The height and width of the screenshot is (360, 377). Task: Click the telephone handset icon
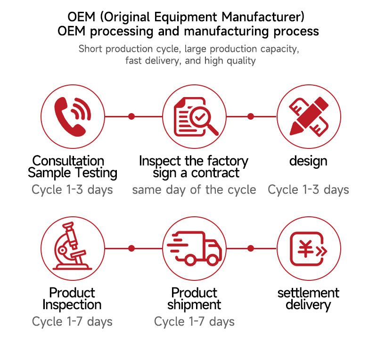point(72,116)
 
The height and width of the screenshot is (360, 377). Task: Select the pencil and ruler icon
point(309,116)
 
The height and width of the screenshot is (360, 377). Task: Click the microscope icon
point(72,248)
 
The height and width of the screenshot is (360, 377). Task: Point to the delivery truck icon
point(194,248)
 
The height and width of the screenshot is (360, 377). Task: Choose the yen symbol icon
point(308,248)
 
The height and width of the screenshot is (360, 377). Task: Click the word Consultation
point(68,161)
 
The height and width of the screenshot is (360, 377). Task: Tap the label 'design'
point(308,161)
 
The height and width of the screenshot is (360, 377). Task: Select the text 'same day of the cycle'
point(194,190)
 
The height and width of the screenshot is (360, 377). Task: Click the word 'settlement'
point(308,293)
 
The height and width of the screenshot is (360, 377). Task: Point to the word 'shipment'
point(194,305)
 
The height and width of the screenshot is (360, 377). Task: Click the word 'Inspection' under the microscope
point(72,305)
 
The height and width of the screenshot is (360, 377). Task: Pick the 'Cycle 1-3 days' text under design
point(308,190)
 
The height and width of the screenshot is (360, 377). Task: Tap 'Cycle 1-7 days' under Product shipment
point(194,322)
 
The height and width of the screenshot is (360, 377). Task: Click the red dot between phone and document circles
point(131,116)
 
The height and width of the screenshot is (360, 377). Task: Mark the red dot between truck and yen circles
point(251,248)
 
